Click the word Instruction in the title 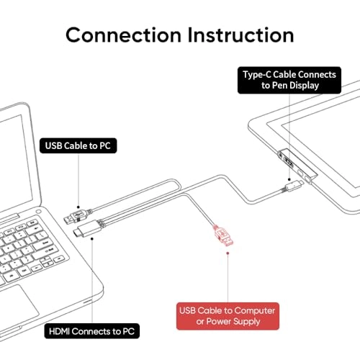[x=241, y=35]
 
